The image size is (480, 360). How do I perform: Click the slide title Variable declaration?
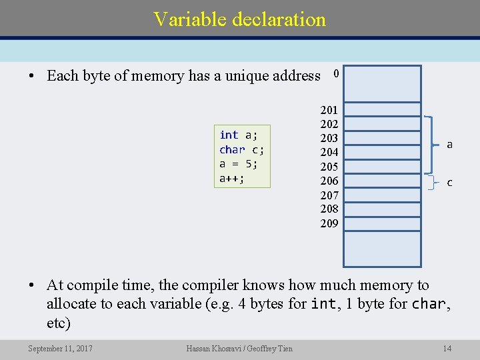pyautogui.click(x=239, y=19)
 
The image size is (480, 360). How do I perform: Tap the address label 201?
pyautogui.click(x=329, y=110)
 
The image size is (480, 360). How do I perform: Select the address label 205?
pyautogui.click(x=329, y=167)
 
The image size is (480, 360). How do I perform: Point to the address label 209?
pyautogui.click(x=329, y=223)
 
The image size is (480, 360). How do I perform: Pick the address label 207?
pyautogui.click(x=329, y=195)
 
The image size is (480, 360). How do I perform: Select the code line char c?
pyautogui.click(x=241, y=149)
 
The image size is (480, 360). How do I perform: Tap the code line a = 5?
pyautogui.click(x=239, y=164)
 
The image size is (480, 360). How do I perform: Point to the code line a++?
pyautogui.click(x=232, y=179)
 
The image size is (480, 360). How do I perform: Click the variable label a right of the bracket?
pyautogui.click(x=450, y=144)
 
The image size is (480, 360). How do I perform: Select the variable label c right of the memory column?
pyautogui.click(x=450, y=182)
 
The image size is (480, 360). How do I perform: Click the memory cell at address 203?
pyautogui.click(x=382, y=139)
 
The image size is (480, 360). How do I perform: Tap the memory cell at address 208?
pyautogui.click(x=382, y=209)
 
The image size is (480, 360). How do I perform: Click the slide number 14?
pyautogui.click(x=447, y=348)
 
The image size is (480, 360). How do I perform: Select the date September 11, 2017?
pyautogui.click(x=61, y=348)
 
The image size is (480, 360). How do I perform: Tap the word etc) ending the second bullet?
pyautogui.click(x=59, y=323)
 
